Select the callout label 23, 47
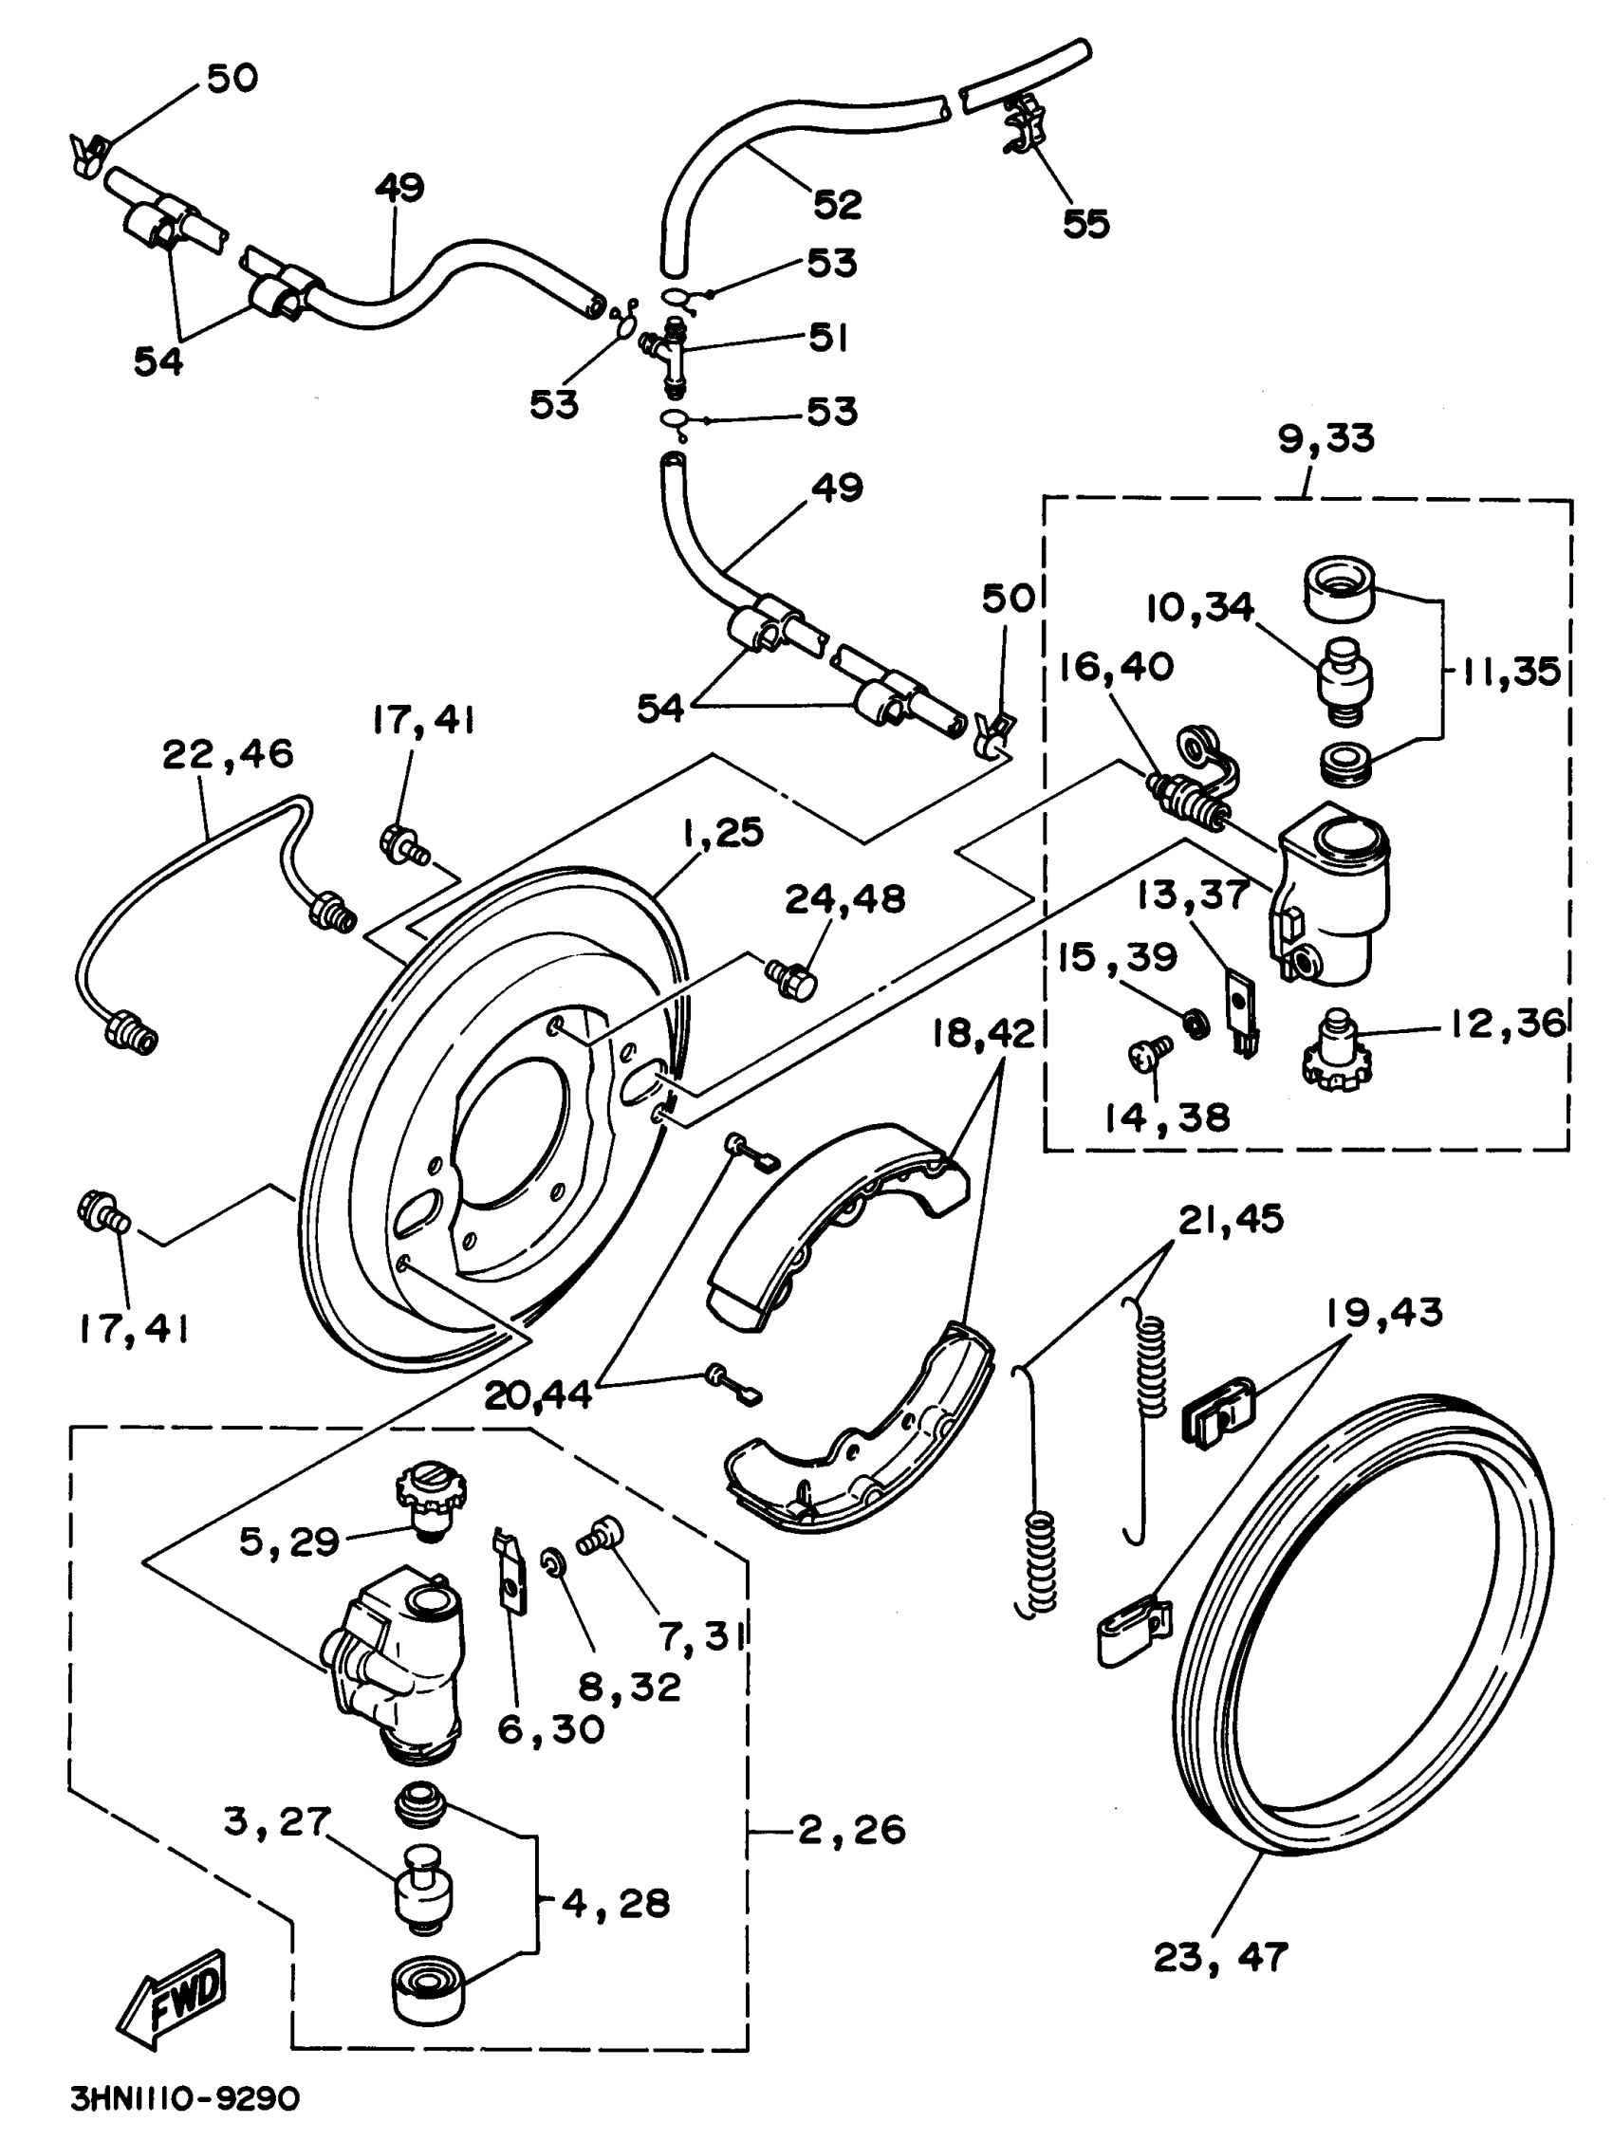coord(1221,1956)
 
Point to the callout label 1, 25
coord(723,832)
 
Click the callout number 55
coord(1085,224)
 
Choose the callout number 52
coord(838,204)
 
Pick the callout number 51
coord(828,338)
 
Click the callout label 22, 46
coord(228,753)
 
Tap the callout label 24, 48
coord(844,899)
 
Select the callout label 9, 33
coord(1326,438)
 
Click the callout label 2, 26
coord(852,1829)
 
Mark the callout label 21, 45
coord(1231,1220)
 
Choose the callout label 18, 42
coord(984,1034)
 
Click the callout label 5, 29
coord(288,1541)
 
